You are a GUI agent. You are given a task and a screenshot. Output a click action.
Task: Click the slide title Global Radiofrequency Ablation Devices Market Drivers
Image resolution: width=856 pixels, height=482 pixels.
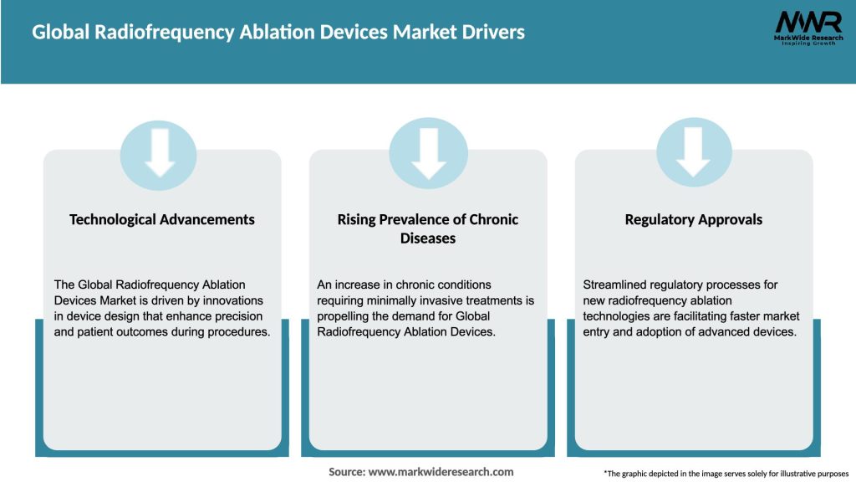278,33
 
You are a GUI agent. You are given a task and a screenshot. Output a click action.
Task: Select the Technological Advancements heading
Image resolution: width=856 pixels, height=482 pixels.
162,219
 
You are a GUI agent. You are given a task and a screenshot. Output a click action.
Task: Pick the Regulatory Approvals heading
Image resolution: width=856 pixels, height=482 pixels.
694,219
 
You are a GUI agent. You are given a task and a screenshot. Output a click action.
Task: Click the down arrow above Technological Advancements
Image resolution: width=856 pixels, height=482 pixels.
159,153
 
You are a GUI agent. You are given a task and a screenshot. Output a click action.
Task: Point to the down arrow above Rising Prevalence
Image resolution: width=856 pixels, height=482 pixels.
429,153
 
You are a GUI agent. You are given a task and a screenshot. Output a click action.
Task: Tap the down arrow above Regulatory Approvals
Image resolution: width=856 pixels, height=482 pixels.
694,153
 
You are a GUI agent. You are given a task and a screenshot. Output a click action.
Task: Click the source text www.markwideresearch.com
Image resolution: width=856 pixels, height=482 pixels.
441,472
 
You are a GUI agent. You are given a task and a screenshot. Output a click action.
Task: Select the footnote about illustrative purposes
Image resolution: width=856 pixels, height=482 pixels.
726,474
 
